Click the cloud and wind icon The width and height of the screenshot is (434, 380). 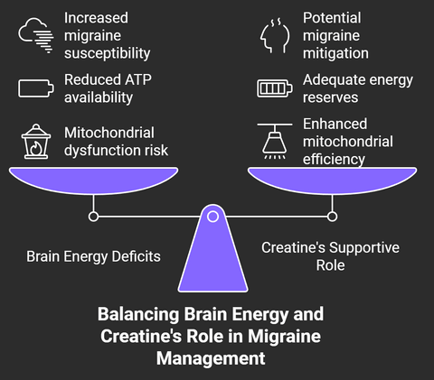36,35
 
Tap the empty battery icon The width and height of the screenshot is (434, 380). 36,88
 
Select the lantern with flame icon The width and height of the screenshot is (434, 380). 36,142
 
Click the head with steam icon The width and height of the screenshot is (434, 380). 275,35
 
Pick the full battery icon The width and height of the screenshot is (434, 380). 275,88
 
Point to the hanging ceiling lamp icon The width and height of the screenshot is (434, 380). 275,141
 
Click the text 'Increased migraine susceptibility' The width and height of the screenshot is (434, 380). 107,35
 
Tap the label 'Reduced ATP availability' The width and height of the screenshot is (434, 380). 108,88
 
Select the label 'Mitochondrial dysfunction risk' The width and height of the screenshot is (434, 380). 116,142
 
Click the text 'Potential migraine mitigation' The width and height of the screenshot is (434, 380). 335,35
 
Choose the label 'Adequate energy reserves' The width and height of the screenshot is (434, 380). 358,88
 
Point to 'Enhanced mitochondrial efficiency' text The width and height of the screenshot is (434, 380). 348,142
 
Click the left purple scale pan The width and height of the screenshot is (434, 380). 93,180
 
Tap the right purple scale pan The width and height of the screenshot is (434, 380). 332,180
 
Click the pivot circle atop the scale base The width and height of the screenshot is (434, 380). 212,217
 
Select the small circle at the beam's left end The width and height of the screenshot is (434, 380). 93,217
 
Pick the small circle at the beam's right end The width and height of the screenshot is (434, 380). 332,217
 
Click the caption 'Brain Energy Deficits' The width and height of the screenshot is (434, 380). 93,256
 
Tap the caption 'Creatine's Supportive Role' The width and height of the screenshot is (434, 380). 330,256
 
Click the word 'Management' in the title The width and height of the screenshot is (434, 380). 211,358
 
